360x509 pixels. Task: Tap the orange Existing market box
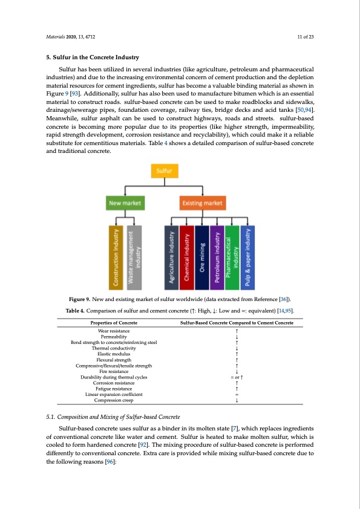pyautogui.click(x=203, y=203)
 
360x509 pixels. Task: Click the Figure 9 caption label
pyautogui.click(x=80, y=299)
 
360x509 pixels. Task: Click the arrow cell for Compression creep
pyautogui.click(x=237, y=400)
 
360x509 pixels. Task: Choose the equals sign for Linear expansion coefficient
pyautogui.click(x=237, y=394)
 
